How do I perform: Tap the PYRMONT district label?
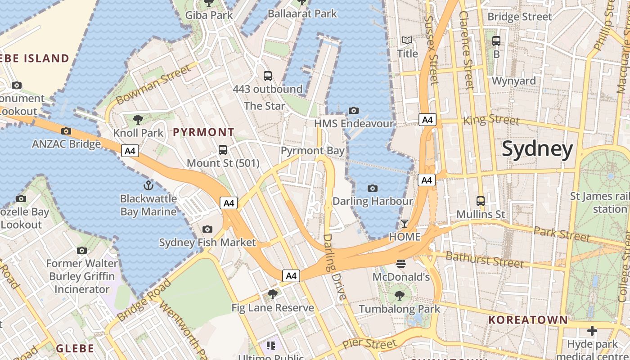204,132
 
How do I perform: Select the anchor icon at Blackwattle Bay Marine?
148,185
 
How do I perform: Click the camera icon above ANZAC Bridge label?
66,131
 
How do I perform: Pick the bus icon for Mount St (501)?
223,149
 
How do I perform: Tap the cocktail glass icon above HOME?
405,223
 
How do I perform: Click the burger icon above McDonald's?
401,263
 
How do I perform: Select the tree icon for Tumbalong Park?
399,295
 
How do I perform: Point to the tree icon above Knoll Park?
138,119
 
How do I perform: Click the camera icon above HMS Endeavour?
354,110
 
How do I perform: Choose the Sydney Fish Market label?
207,243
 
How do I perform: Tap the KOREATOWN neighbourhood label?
528,320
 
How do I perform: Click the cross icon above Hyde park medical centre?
592,331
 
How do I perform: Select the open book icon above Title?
407,40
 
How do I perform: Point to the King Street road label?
491,120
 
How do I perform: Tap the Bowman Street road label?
153,84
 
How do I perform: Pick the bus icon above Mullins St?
481,201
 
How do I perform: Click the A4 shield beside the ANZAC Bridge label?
130,151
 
